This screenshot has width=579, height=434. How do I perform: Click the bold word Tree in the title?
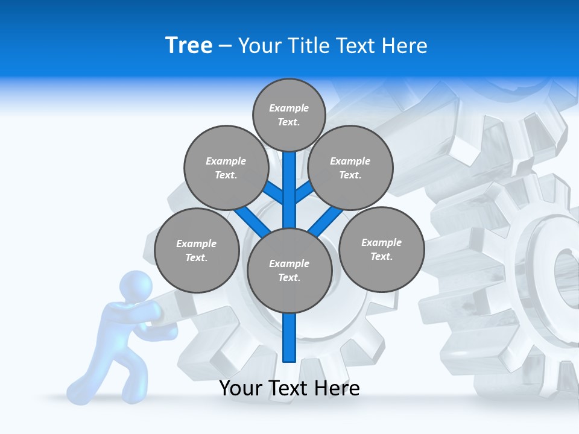tap(189, 46)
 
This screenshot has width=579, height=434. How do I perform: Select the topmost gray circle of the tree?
tap(289, 115)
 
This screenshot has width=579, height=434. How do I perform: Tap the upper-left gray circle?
tap(226, 168)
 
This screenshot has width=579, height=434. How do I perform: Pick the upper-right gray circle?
tap(350, 168)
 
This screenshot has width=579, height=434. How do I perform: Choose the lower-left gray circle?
tap(197, 250)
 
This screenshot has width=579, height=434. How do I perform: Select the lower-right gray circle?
tap(381, 249)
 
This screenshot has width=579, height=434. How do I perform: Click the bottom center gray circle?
tap(289, 270)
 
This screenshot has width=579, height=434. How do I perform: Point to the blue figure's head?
tap(135, 286)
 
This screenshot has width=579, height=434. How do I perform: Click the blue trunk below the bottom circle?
tap(289, 338)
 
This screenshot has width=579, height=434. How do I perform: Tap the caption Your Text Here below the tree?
tap(289, 388)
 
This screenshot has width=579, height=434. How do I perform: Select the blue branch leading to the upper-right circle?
tap(305, 192)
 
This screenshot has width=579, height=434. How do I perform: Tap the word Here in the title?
tap(404, 46)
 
